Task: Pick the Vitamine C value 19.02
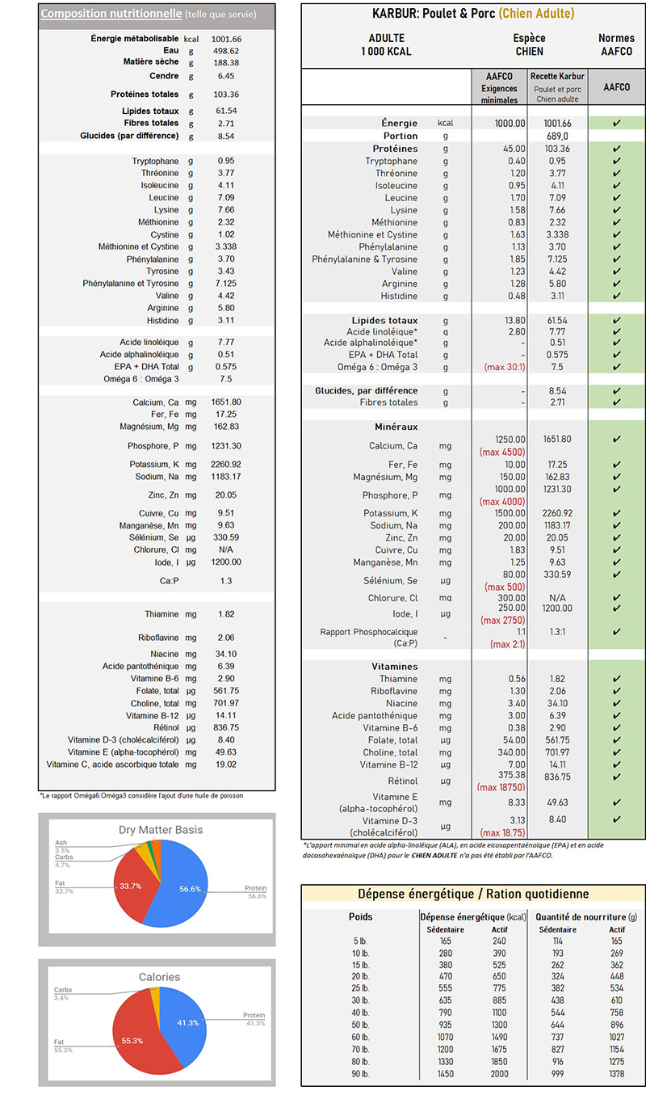coord(226,764)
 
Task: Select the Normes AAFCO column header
coord(616,44)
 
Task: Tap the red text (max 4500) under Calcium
coord(502,452)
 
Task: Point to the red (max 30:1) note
coord(504,368)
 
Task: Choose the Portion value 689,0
coord(556,136)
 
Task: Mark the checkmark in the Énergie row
coord(616,123)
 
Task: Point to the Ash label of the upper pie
coord(61,843)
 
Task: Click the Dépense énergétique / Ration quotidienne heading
coord(473,894)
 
